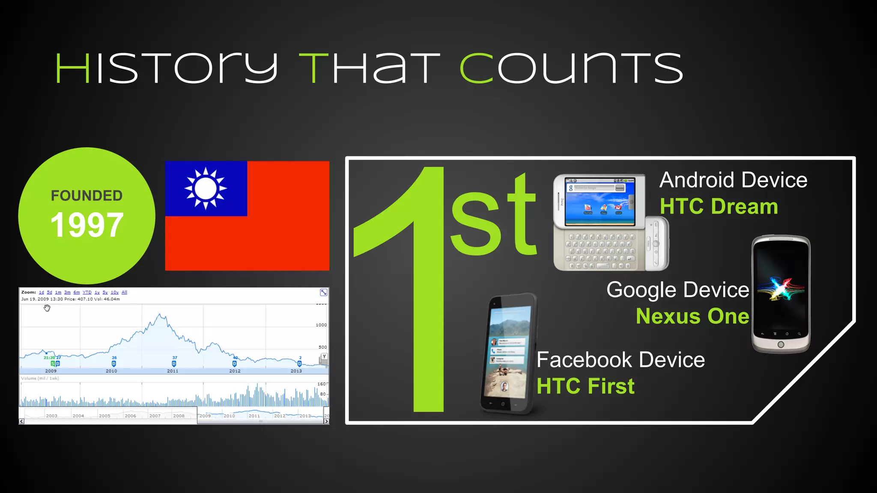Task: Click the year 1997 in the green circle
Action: tap(87, 225)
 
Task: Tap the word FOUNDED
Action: tap(87, 196)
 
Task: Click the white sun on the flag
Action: tap(206, 188)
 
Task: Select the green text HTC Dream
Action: tap(719, 206)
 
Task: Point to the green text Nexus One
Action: tap(692, 316)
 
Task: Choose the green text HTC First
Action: tap(585, 386)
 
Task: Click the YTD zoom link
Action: tap(87, 292)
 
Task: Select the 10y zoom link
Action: tap(114, 292)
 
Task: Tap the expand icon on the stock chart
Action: tap(324, 292)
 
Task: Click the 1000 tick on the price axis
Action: tap(321, 325)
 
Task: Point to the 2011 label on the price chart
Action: tap(173, 371)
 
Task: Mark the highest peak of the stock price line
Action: tap(160, 315)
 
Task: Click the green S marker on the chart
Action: tap(53, 364)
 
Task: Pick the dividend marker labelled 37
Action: tap(174, 364)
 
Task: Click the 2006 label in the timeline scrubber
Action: tap(130, 416)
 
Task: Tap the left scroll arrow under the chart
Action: tap(21, 422)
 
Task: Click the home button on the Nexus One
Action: tap(781, 345)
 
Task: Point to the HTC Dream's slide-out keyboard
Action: tap(600, 250)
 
